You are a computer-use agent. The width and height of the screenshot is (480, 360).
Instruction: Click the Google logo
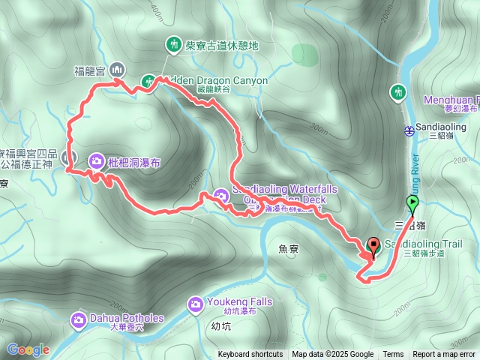point(28,349)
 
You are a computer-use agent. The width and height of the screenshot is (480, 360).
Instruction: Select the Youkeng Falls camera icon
point(195,304)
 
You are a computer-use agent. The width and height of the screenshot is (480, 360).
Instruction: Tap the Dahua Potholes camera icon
point(79,320)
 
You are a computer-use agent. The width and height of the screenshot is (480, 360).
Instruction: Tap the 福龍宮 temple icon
point(117,70)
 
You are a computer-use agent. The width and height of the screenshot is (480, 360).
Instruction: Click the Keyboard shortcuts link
point(250,355)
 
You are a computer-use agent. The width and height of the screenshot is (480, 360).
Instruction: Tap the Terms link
point(393,355)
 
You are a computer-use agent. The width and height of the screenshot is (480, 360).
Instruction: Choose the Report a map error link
point(445,355)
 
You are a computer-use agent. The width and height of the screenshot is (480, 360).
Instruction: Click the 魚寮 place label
point(288,248)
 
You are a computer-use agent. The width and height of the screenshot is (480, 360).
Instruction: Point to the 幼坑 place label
point(221,326)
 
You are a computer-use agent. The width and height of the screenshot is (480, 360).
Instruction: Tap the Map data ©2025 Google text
point(333,355)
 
